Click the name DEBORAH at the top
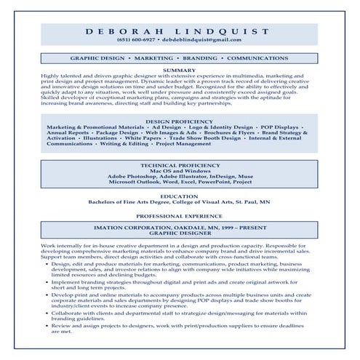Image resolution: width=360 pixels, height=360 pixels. pyautogui.click(x=126, y=31)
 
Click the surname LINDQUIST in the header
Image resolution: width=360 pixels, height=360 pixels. pyautogui.click(x=225, y=31)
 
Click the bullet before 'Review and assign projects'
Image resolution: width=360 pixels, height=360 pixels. pyautogui.click(x=46, y=326)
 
